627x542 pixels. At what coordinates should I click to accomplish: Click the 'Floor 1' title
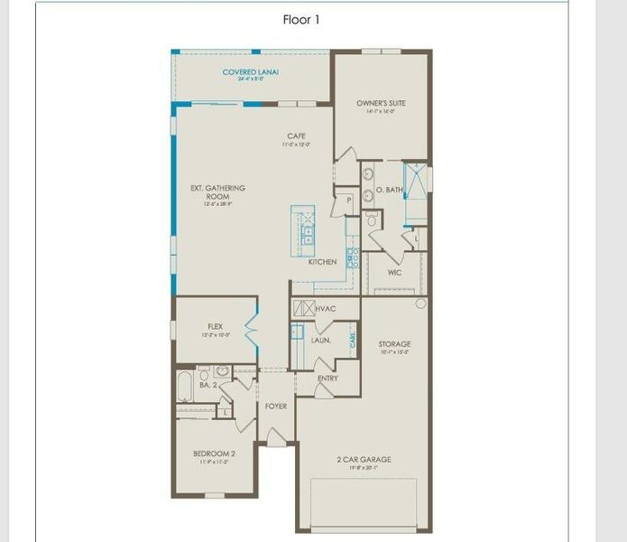coord(301,19)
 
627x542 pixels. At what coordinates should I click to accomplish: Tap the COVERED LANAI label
coord(250,72)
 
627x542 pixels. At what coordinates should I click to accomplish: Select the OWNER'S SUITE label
coord(381,104)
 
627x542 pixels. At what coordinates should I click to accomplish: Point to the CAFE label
coord(296,136)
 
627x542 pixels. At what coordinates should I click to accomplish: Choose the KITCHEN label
coord(322,262)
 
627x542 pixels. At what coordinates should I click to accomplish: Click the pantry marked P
coord(348,200)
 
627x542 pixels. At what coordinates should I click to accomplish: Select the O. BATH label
coord(390,190)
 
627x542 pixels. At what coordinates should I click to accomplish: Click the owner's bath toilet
coord(371,220)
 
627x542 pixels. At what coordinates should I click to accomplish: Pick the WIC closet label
coord(394,272)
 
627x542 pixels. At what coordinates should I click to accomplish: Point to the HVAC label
coord(326,309)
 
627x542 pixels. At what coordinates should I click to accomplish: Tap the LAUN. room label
coord(320,341)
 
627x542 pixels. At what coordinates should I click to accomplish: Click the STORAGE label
coord(394,344)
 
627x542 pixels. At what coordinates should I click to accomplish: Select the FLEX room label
coord(216,326)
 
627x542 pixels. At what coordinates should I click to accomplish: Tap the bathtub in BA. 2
coord(186,387)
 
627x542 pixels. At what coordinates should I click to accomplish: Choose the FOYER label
coord(275,406)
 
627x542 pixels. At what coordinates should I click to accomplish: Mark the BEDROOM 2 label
coord(214,453)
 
